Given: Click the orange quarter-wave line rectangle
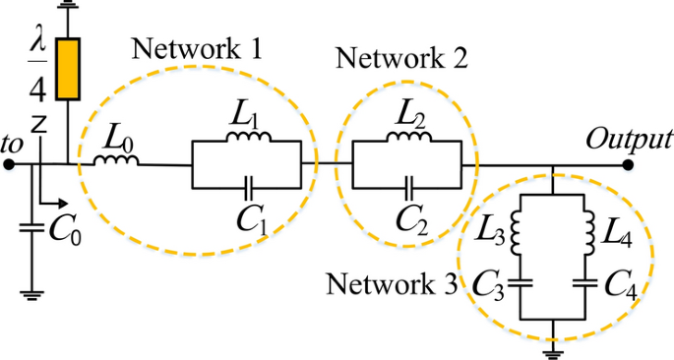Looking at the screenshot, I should point(68,70).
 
